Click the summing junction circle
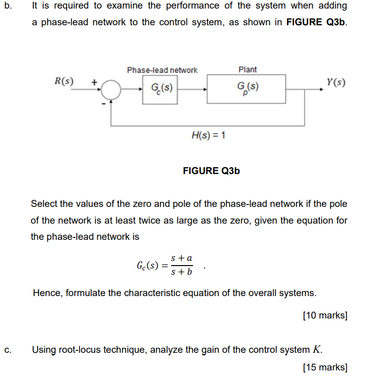[111, 89]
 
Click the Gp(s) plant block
[246, 89]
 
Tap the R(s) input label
[64, 81]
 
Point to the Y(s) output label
[336, 82]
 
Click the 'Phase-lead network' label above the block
[162, 70]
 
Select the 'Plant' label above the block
[247, 70]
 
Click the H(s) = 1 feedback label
[208, 135]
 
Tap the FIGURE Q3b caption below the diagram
[211, 171]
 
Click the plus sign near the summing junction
[94, 82]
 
